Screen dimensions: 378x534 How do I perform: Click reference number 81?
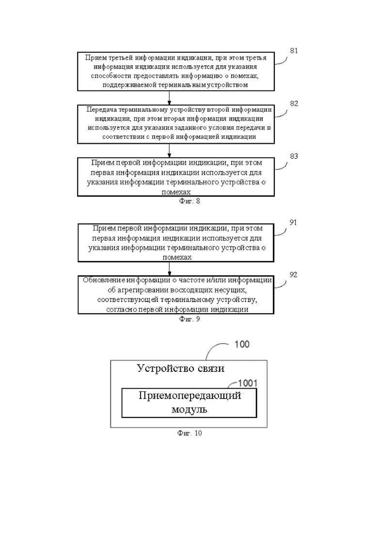point(294,51)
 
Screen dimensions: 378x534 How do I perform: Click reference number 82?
point(294,104)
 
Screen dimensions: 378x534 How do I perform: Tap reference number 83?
point(294,156)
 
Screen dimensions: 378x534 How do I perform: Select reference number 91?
point(293,222)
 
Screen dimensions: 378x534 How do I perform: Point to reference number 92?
point(293,275)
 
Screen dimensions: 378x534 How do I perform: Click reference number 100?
point(242,344)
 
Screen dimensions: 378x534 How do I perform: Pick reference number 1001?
point(248,383)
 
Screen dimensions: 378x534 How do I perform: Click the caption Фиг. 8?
point(189,201)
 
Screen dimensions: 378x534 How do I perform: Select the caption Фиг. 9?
point(189,319)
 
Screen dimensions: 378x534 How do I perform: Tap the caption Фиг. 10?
point(189,433)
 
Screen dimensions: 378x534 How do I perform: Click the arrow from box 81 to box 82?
point(170,97)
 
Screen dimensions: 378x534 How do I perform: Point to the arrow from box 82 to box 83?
point(170,151)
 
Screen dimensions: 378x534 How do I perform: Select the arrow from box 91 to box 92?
point(170,269)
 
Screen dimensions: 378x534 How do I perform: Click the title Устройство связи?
point(181,368)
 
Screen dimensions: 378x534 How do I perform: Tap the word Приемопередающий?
point(190,396)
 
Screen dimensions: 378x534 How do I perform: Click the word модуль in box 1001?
point(189,409)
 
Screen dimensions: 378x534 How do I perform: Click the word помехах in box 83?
point(176,192)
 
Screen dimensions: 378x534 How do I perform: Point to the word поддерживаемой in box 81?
point(129,85)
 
